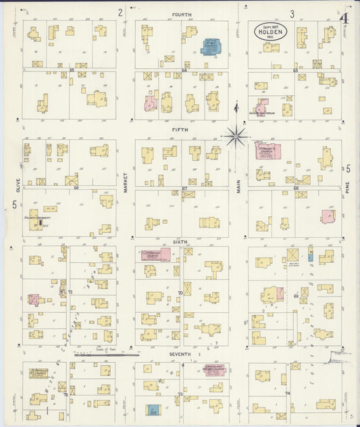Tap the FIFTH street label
[180, 129]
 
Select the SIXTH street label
[180, 241]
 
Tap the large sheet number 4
[345, 18]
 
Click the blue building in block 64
[211, 47]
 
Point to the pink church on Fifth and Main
[269, 150]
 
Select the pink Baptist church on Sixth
[155, 255]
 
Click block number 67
[184, 188]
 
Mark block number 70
[180, 293]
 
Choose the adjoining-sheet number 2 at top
[120, 11]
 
